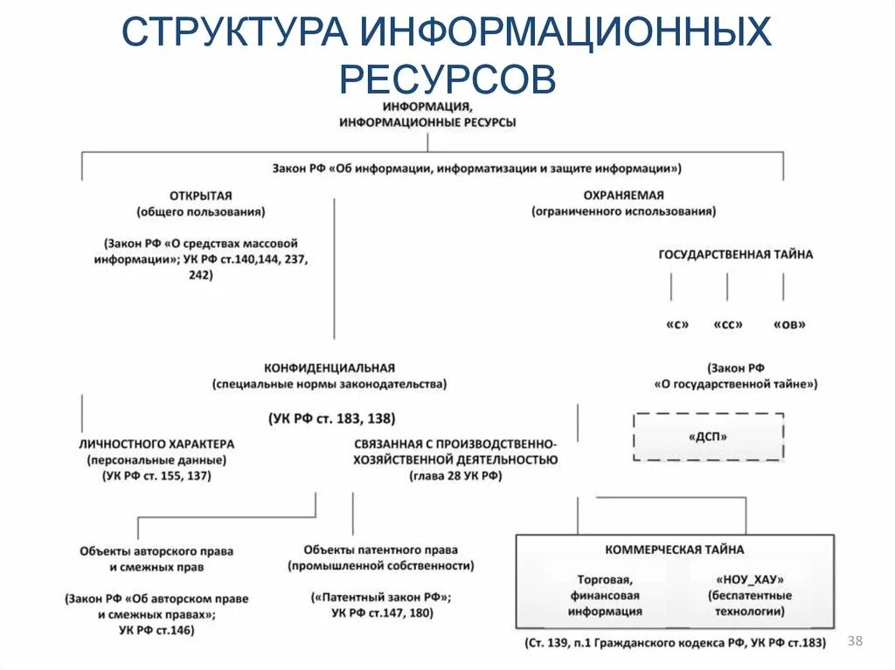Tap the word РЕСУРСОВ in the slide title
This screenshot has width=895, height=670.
[447, 79]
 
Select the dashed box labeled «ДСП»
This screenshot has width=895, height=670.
[708, 437]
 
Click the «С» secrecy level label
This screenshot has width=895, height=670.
[676, 324]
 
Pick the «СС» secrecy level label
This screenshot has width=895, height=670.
[728, 324]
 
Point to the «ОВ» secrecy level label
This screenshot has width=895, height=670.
[789, 324]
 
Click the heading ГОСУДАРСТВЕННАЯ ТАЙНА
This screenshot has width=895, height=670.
[735, 254]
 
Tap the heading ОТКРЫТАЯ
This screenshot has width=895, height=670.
[201, 196]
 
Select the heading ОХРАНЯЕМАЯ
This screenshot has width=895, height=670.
[623, 196]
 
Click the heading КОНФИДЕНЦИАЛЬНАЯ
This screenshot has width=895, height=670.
[330, 368]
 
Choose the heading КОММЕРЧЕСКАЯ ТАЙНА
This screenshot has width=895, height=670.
[675, 549]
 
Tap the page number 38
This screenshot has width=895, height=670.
[855, 642]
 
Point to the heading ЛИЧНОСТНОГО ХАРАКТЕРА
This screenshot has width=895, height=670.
[156, 444]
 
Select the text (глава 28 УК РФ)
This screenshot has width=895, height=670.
[454, 476]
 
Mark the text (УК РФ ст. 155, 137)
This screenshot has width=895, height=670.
[156, 476]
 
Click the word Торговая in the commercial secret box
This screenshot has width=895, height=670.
[604, 578]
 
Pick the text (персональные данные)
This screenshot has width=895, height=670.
[156, 459]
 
